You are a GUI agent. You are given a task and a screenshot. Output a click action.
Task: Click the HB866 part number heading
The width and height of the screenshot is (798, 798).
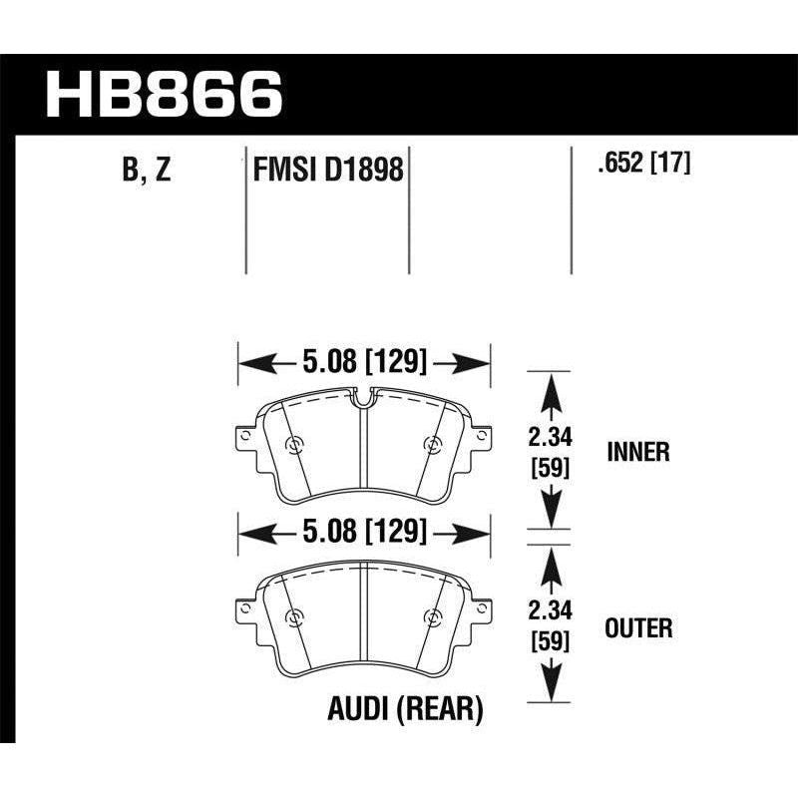(166, 96)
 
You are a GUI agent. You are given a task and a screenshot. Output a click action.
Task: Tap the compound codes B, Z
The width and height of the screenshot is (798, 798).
(146, 171)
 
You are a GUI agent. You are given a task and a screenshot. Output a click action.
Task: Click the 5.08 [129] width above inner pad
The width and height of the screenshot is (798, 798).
(363, 361)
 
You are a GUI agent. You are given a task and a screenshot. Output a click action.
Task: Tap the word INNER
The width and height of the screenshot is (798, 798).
(637, 453)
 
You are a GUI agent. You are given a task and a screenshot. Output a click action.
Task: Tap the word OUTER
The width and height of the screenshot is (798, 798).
(638, 627)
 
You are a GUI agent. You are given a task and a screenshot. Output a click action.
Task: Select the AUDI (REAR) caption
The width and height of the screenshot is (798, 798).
(405, 710)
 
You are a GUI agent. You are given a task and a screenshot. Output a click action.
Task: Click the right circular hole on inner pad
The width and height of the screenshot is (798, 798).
(431, 445)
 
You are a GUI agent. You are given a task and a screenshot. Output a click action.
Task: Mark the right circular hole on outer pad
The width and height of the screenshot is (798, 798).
(431, 615)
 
